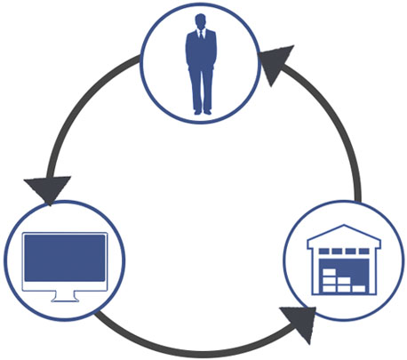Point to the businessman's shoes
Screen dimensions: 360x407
(x=201, y=111)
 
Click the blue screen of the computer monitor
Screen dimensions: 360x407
(x=64, y=259)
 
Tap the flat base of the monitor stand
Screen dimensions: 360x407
(x=64, y=299)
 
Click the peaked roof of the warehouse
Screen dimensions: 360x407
(x=343, y=234)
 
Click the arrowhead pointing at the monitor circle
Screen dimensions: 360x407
(x=46, y=189)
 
